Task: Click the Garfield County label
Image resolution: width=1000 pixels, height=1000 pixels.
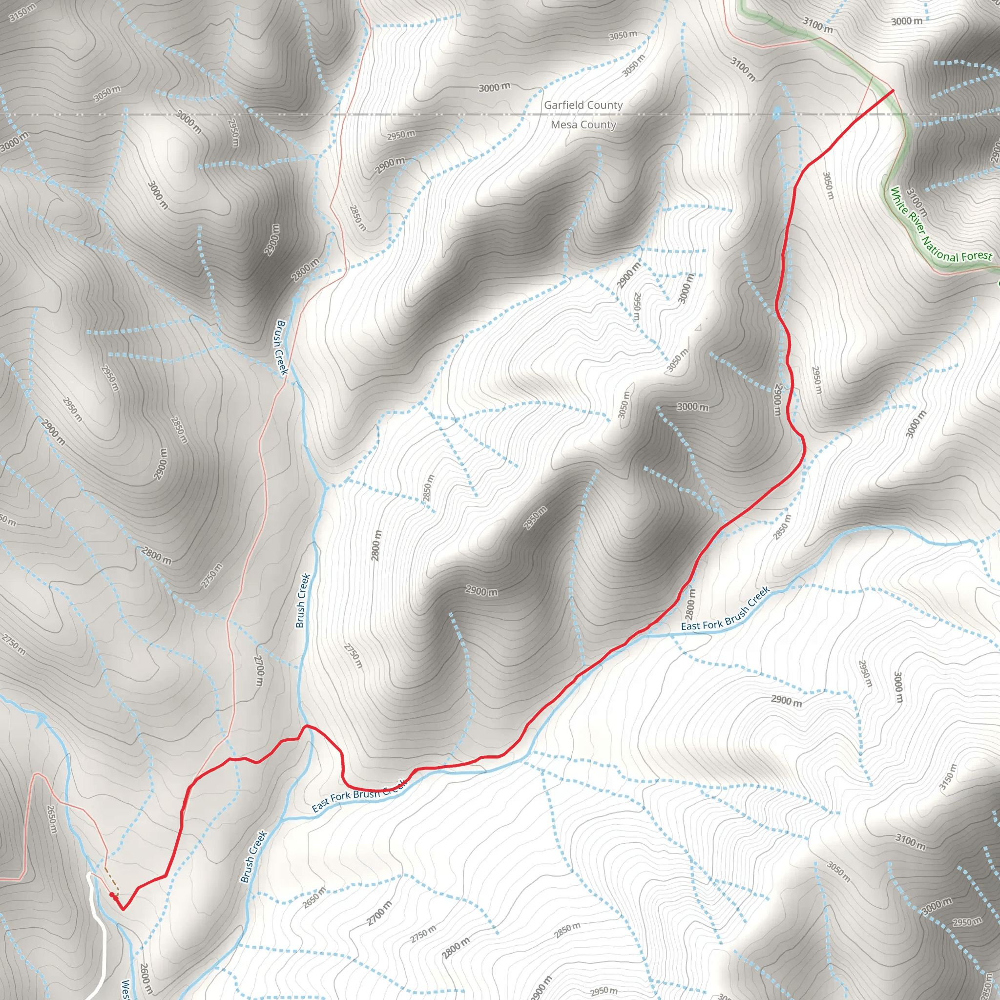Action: point(583,105)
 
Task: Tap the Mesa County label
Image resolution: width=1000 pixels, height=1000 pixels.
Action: point(583,125)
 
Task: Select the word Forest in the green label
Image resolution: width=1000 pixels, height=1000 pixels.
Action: point(976,256)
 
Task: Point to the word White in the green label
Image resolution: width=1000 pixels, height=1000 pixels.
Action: point(899,200)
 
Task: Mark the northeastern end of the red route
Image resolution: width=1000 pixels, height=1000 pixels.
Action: point(893,91)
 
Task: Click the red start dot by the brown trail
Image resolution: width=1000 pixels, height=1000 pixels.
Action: point(112,895)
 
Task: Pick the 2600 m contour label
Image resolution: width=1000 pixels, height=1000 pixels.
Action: point(146,978)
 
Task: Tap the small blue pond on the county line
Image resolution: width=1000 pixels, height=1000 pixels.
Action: point(776,113)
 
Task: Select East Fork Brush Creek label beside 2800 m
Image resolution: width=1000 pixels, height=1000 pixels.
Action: point(725,609)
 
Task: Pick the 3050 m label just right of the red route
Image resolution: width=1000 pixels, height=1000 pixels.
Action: point(828,185)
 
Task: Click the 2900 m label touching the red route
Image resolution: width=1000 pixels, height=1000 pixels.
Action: point(777,399)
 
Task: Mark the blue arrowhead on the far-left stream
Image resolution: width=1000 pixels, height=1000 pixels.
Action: point(41,717)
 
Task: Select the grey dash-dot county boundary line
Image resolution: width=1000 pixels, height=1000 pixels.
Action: point(311,114)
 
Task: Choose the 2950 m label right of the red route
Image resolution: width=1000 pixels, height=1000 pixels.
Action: point(817,380)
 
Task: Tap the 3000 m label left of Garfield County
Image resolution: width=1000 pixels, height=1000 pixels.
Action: point(494,87)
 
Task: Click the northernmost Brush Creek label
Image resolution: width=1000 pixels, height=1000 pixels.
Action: point(281,347)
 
